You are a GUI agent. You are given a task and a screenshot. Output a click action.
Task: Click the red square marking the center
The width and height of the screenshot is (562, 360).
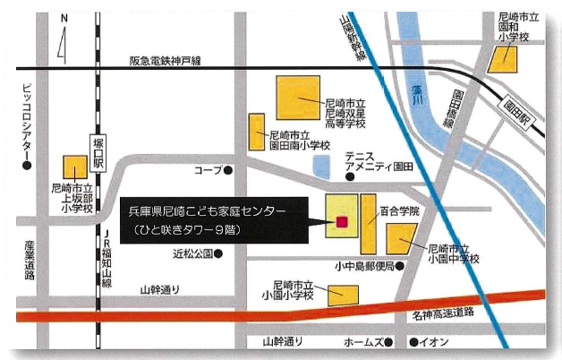341,222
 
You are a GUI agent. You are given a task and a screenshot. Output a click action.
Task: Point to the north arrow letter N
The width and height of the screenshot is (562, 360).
64,17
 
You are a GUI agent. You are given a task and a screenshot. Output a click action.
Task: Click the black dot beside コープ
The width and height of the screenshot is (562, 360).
228,168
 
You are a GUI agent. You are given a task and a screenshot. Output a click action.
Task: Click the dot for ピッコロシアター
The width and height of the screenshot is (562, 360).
27,165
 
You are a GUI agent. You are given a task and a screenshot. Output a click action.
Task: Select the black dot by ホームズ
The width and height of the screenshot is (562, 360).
390,342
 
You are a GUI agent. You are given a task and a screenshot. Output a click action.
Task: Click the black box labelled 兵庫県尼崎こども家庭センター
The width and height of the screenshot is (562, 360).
215,219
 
